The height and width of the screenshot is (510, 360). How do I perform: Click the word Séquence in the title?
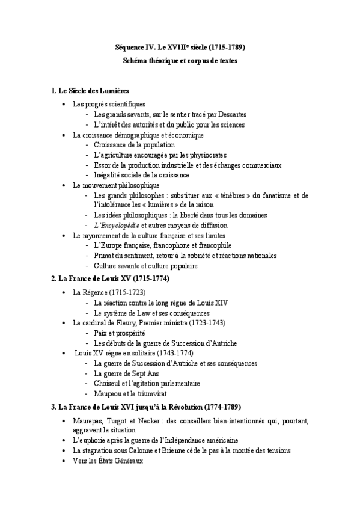pyautogui.click(x=130, y=47)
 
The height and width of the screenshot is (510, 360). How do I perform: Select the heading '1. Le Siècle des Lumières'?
pyautogui.click(x=91, y=91)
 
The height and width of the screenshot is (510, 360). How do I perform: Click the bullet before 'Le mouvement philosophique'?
pyautogui.click(x=64, y=185)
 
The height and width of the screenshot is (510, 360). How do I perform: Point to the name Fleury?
pyautogui.click(x=120, y=323)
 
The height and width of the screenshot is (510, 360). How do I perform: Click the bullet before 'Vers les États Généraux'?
pyautogui.click(x=64, y=461)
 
